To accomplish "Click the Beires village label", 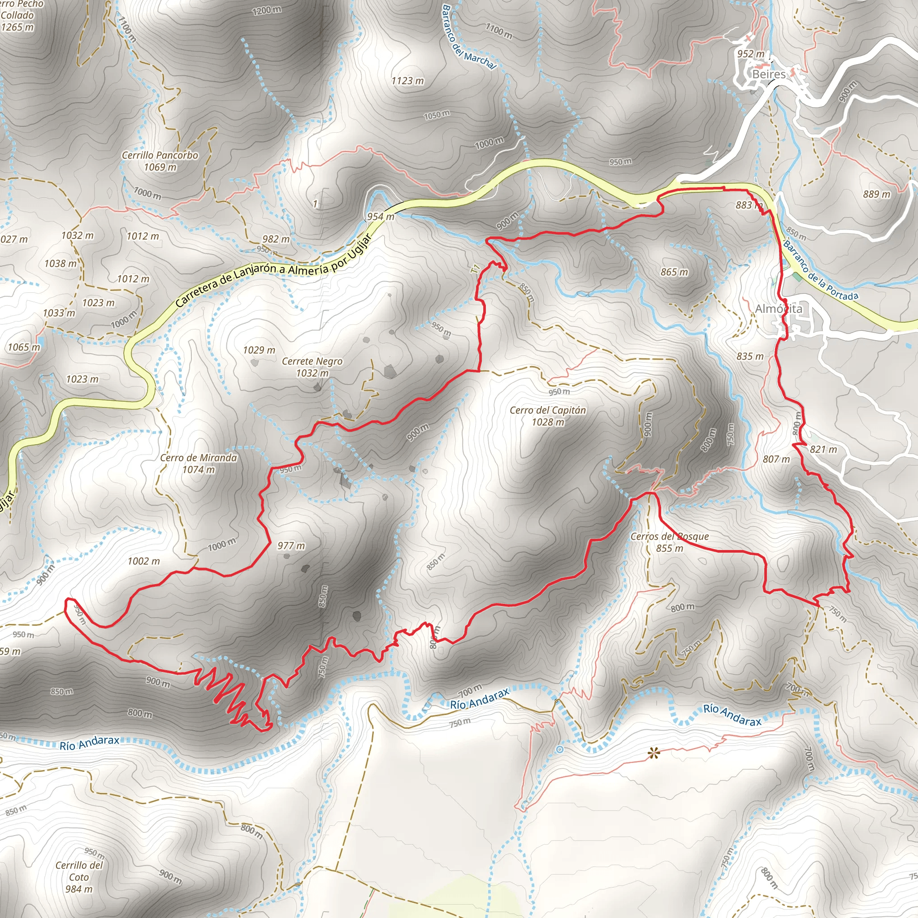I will click(768, 74).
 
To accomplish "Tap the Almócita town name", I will click(778, 309).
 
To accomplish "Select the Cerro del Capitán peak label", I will click(548, 416).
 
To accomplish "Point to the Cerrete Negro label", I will click(312, 367).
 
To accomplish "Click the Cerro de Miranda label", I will click(198, 463).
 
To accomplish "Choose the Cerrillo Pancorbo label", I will click(160, 160).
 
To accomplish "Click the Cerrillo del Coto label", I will click(79, 877).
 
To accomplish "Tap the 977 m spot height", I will click(291, 546).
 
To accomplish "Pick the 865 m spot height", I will click(674, 272).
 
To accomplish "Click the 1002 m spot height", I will click(143, 561).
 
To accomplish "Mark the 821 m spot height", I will click(823, 449).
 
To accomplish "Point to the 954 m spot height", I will click(380, 217).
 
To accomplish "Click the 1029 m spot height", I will click(259, 350).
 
